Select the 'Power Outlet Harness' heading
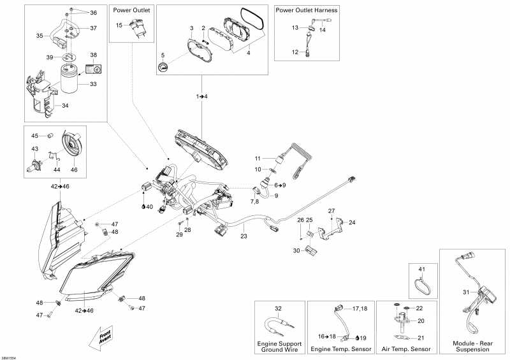point(307,11)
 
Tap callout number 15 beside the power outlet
point(119,25)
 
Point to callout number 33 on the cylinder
point(93,84)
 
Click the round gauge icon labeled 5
point(163,67)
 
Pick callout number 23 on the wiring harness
point(243,236)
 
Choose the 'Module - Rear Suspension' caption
point(474,345)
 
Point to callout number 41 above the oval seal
point(420,270)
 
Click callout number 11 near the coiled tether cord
point(258,158)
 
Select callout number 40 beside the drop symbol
point(149,206)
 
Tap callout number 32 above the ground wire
point(278,308)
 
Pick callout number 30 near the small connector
point(296,250)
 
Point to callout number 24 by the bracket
point(352,222)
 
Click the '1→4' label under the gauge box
point(201,96)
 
